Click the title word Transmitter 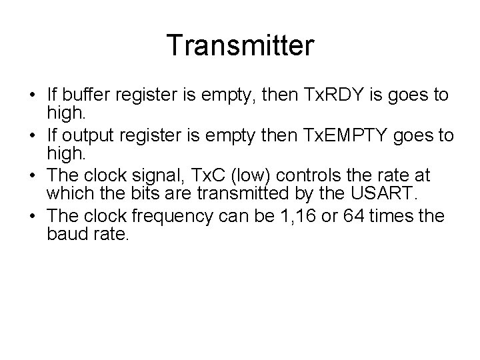click(240, 46)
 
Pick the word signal click(154, 176)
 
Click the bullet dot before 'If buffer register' click(33, 95)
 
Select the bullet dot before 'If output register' click(33, 136)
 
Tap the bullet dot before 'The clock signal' click(33, 176)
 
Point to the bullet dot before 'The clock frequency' click(33, 217)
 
